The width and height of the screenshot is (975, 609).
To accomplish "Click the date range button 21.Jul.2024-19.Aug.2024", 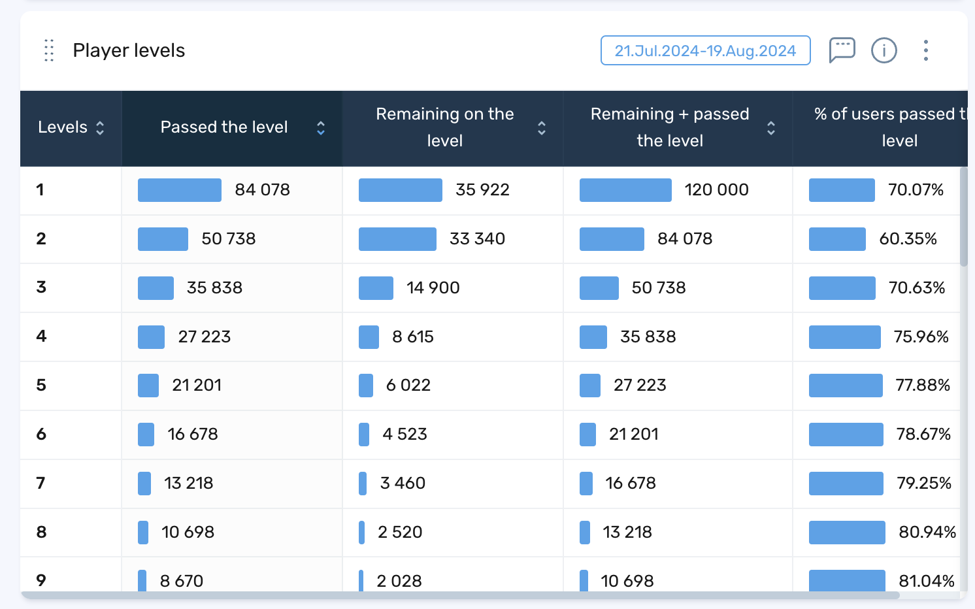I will pos(705,51).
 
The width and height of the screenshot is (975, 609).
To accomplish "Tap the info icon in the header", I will pos(884,50).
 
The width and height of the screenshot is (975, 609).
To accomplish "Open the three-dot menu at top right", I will pos(925,50).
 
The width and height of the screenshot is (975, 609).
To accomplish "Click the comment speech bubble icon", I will pos(842,50).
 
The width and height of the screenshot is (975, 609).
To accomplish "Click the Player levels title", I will pos(129,50).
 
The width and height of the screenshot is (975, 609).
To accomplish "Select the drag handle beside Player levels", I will pos(49,50).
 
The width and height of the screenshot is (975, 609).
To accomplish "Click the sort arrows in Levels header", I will pos(100,127).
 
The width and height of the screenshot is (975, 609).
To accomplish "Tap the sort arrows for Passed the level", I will pos(321,127).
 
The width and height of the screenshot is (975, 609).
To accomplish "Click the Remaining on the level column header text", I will pos(444,127).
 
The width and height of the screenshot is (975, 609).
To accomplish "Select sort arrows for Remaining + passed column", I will pos(771,127).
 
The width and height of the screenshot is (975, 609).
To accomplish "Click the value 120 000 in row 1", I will pos(716,190).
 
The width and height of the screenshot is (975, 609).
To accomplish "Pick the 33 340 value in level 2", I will pos(477,239).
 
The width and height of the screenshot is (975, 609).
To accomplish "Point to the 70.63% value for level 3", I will pos(916,288).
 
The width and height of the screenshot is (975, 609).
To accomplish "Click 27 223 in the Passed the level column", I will pos(205,337).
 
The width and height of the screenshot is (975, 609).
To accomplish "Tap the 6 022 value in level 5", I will pos(408,386).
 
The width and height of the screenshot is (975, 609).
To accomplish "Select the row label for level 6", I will pos(41,435).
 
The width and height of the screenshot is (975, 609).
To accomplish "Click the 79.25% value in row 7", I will pos(923,484).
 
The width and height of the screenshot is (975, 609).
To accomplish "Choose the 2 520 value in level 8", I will pos(400,533).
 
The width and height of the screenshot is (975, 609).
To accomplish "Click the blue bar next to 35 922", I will pos(400,190).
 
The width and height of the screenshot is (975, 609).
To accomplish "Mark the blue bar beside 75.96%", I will pos(844,337).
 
